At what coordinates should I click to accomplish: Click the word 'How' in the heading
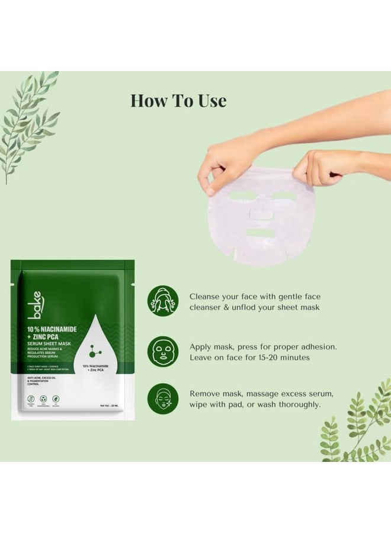point(148,101)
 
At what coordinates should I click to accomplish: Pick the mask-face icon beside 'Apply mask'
point(163,351)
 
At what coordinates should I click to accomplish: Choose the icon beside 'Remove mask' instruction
point(163,398)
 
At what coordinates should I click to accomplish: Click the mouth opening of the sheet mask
point(261,232)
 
